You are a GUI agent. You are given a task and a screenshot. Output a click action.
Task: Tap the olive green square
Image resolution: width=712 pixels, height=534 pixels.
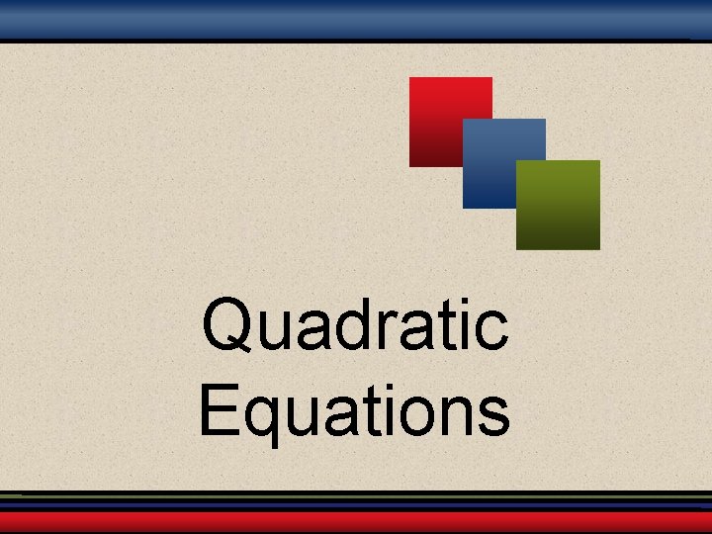[559, 205]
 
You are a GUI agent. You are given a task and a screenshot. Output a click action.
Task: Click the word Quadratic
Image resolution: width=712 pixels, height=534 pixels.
[355, 324]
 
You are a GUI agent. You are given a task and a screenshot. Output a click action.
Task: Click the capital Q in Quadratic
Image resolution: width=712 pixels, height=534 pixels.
[227, 324]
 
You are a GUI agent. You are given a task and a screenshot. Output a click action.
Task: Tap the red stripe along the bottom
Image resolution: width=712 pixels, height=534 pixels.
[356, 521]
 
